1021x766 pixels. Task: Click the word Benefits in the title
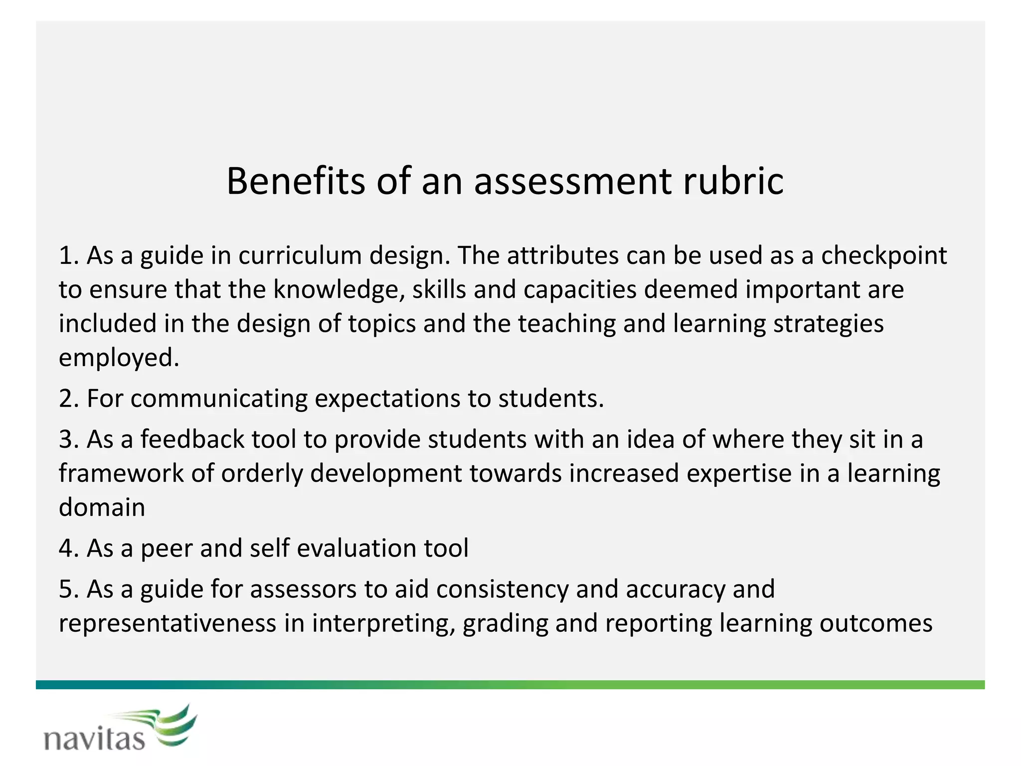click(296, 181)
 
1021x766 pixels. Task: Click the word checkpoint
click(883, 255)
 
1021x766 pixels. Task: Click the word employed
click(119, 358)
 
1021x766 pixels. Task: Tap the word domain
click(102, 508)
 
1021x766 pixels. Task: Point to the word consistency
click(502, 589)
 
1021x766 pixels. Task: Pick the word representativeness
click(168, 623)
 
